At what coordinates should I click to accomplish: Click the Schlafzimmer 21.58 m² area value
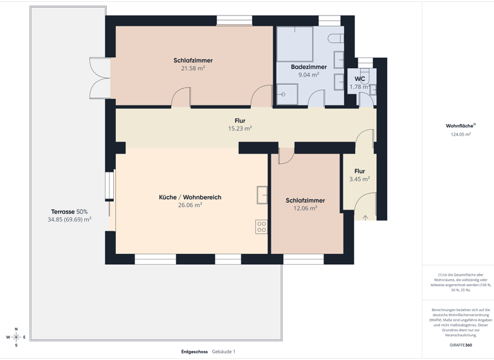[193, 68]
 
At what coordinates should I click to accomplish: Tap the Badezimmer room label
[308, 67]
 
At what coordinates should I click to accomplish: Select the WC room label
[360, 79]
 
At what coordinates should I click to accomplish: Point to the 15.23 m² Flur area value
[240, 129]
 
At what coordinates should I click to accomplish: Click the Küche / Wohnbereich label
[190, 197]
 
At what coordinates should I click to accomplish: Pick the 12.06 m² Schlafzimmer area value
[305, 208]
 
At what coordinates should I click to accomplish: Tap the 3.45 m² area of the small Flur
[359, 179]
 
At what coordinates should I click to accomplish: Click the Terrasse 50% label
[69, 212]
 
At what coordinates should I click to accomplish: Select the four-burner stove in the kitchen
[261, 226]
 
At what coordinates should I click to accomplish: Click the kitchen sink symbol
[262, 194]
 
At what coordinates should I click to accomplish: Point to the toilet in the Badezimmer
[336, 38]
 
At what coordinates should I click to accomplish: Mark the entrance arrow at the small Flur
[365, 218]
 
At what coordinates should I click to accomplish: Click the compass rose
[16, 337]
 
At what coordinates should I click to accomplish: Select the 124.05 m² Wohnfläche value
[461, 135]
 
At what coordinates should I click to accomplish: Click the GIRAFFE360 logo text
[461, 345]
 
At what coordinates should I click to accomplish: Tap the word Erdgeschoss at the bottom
[194, 352]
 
